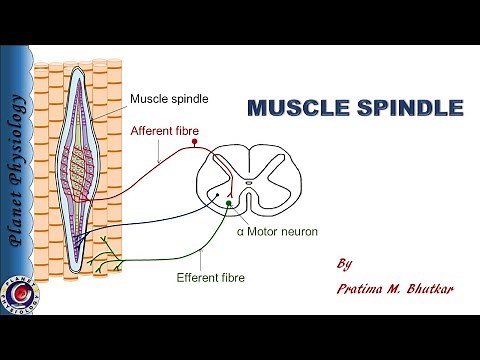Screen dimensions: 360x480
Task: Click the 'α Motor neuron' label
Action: (277, 232)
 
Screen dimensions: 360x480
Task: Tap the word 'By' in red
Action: (345, 265)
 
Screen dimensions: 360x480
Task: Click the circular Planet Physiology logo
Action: (17, 296)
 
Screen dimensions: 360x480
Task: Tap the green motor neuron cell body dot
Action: (229, 204)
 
